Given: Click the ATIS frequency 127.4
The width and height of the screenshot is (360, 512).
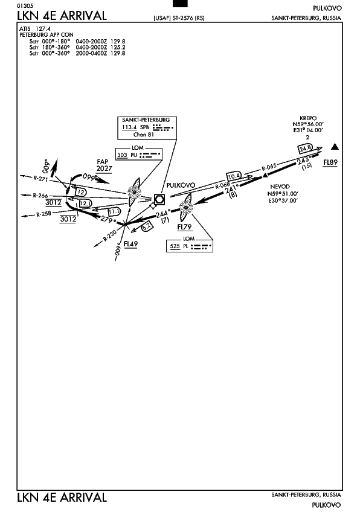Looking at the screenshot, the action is (x=43, y=29).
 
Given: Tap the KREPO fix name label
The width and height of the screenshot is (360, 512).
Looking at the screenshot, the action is (x=308, y=118).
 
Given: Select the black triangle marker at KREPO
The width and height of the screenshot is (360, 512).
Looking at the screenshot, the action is (x=335, y=147).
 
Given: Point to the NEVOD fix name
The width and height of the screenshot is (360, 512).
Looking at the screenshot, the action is (x=280, y=187).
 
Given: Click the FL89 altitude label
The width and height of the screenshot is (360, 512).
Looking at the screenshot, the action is (x=330, y=162).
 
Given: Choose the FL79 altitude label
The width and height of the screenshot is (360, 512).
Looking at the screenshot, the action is (x=185, y=227).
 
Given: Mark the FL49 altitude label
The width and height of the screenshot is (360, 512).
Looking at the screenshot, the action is (x=130, y=244).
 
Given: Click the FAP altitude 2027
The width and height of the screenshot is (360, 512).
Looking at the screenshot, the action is (x=104, y=168).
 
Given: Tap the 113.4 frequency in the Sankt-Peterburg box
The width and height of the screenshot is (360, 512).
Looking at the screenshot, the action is (x=129, y=127).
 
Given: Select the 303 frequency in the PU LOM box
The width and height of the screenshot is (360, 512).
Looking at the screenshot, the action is (x=122, y=155).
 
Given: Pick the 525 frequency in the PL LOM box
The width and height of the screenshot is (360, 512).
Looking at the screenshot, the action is (x=175, y=246).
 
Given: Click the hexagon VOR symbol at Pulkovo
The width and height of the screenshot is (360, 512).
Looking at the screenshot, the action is (x=159, y=199).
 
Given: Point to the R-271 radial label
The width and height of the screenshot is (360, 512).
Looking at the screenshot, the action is (x=40, y=178).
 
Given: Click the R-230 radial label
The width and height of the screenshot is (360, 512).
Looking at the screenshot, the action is (x=110, y=236).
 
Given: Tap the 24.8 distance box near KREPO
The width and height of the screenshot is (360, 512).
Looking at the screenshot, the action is (x=306, y=149).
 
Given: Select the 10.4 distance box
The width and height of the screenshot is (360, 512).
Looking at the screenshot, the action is (x=234, y=177).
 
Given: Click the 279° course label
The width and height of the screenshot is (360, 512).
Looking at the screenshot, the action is (x=108, y=219).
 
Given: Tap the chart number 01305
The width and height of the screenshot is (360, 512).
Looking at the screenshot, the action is (x=25, y=6).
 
